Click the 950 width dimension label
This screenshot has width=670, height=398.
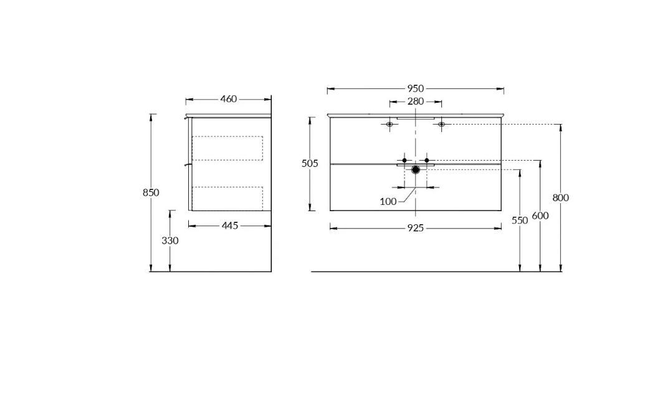(415, 89)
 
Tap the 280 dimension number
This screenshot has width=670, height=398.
(415, 102)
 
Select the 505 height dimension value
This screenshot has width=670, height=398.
(310, 164)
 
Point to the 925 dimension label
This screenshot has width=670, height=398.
(415, 229)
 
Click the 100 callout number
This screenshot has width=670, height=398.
(388, 202)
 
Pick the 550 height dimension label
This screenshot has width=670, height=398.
(520, 220)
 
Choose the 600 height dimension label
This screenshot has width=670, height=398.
(540, 216)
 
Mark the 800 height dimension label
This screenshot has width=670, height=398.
(560, 197)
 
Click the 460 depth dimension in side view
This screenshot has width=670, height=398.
(229, 99)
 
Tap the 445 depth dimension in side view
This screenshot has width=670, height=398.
(230, 226)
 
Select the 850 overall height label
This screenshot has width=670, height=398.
(151, 192)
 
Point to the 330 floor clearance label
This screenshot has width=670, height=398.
(170, 241)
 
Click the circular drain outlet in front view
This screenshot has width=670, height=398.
(415, 170)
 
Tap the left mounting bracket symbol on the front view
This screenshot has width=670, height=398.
(390, 125)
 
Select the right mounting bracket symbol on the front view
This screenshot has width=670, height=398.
(441, 125)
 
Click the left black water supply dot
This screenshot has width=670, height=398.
(404, 160)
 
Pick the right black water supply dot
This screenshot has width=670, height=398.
(426, 160)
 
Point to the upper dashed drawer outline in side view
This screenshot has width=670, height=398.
(227, 149)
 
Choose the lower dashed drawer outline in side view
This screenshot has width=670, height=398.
(227, 199)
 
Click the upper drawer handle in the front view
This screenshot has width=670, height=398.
(415, 118)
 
